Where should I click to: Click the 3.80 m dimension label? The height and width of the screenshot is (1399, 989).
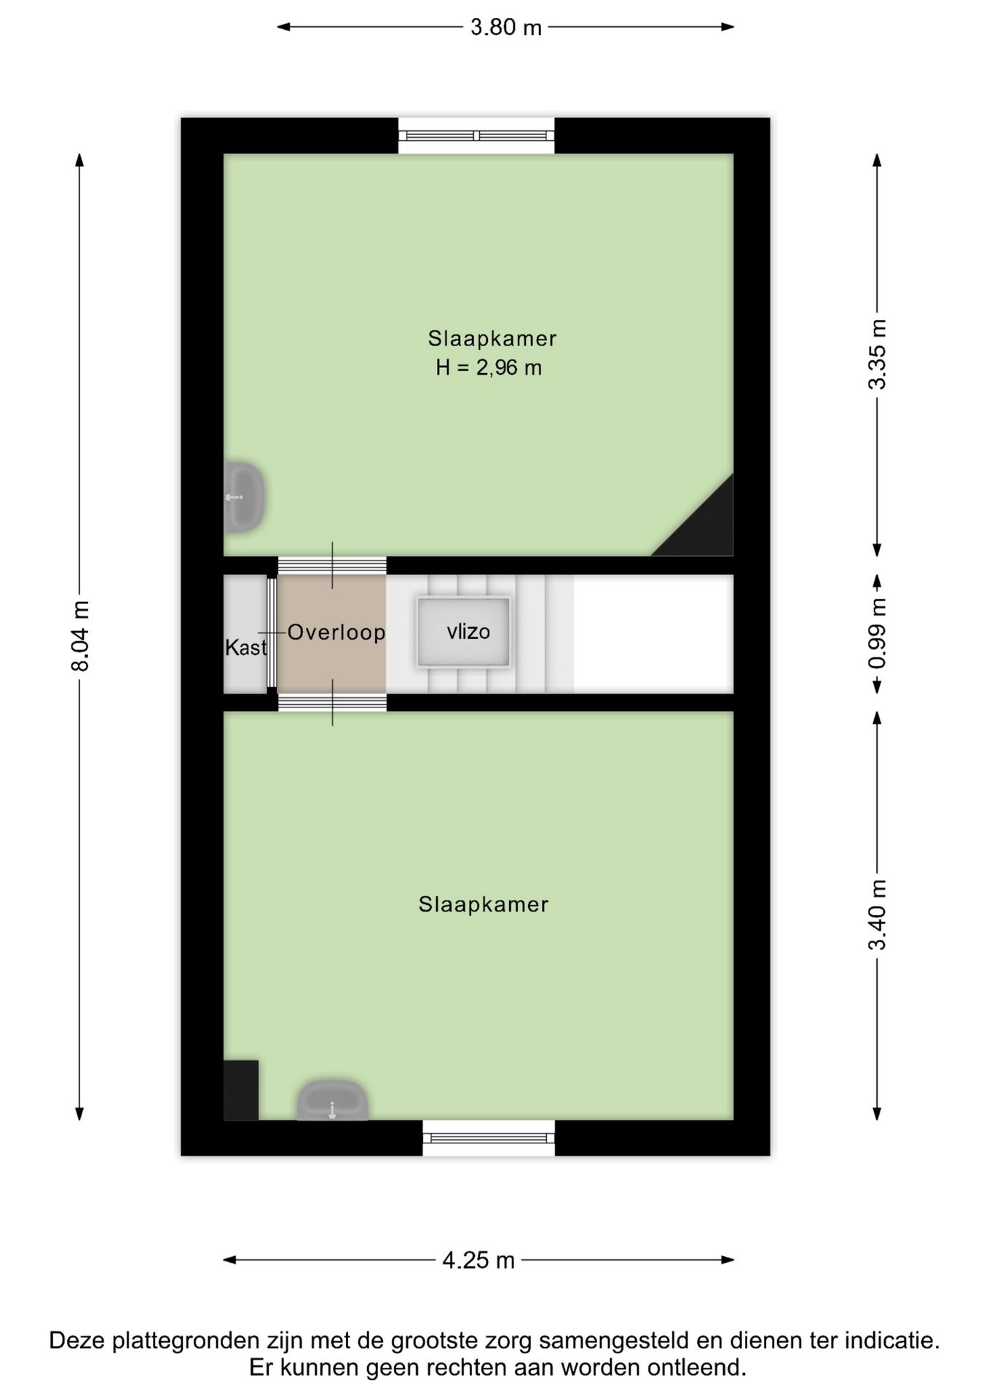coord(505,28)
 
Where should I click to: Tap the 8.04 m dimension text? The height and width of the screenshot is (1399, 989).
coord(80,636)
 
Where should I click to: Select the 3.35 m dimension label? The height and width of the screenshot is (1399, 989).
coord(878,354)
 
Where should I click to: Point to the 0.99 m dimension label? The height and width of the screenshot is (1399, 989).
coord(878,632)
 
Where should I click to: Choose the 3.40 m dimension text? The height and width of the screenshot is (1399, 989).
coord(878,914)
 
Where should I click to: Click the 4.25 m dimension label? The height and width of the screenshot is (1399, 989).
coord(478,1260)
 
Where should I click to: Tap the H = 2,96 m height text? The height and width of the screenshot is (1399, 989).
coord(489,368)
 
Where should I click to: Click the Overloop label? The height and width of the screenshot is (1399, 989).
coord(336,632)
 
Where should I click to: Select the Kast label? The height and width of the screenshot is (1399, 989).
coord(245,647)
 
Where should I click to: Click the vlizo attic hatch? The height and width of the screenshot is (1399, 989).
coord(463,632)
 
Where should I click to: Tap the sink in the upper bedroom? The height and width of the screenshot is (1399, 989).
coord(244,497)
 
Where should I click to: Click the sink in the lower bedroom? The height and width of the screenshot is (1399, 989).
coord(332,1100)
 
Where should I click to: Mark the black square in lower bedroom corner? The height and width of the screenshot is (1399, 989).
coord(241,1090)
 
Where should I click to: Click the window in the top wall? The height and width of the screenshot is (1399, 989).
coord(476,136)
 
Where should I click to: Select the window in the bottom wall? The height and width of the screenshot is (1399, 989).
coord(489,1137)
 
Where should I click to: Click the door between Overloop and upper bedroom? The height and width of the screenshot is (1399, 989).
coord(332,565)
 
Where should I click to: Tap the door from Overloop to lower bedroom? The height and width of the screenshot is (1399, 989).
coord(332,702)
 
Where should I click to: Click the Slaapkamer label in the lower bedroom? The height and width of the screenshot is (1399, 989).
coord(483,904)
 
